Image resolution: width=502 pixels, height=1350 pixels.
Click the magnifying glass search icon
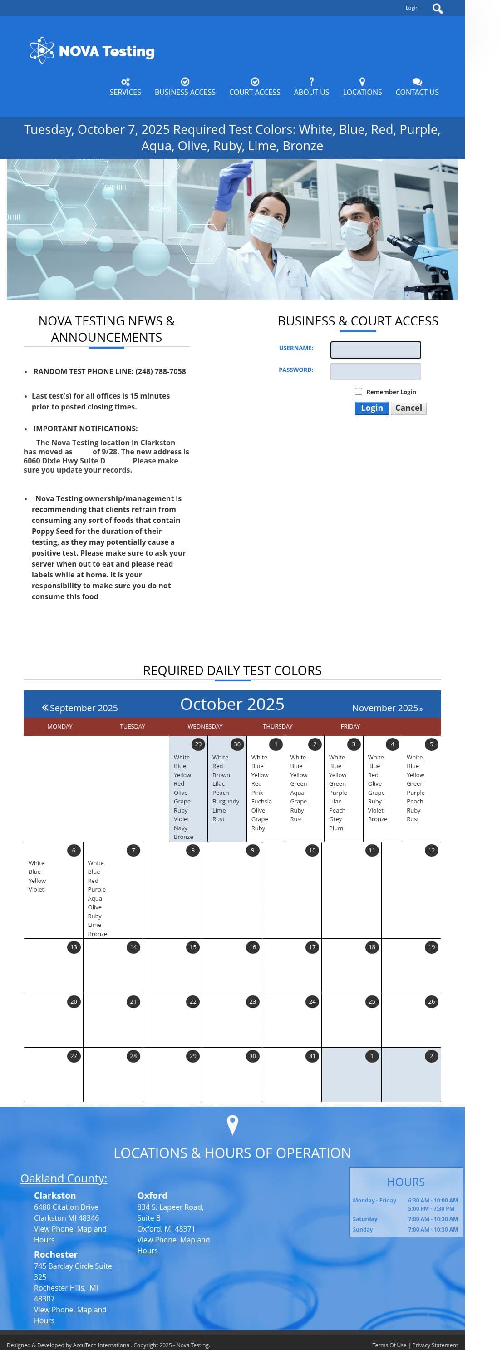point(437,8)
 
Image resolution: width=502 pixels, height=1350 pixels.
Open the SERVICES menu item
point(125,87)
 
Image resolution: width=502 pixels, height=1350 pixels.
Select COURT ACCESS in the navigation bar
point(254,87)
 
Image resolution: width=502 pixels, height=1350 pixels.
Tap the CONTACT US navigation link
point(417,87)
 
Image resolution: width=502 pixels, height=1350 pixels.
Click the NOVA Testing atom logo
point(42,50)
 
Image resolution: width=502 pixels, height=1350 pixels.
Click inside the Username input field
point(375,350)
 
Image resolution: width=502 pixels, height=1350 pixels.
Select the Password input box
point(375,372)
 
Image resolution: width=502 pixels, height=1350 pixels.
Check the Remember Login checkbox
point(359,391)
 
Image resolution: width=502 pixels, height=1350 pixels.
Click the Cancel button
point(408,408)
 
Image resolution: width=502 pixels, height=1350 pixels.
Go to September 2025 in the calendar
point(79,708)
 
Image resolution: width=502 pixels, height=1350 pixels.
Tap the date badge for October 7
point(133,850)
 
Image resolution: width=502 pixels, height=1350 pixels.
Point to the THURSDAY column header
point(278,726)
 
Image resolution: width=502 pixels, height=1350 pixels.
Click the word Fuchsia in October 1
point(261,801)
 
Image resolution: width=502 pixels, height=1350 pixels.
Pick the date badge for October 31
point(312,1056)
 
